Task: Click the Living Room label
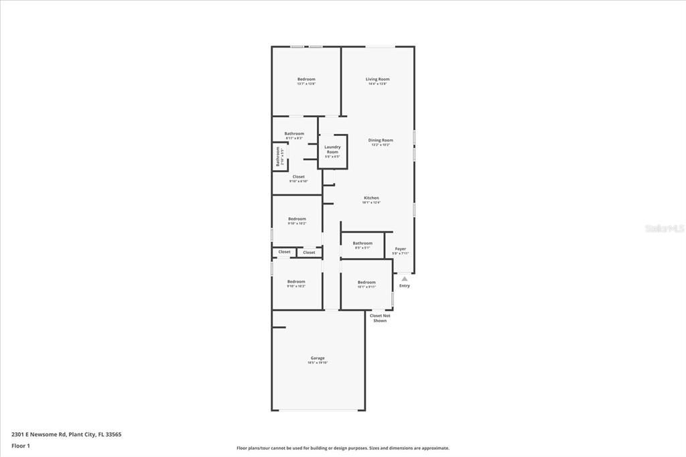point(377,79)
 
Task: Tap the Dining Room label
point(381,140)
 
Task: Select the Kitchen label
point(371,198)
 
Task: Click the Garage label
point(318,358)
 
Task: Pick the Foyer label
point(400,249)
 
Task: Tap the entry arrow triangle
point(404,279)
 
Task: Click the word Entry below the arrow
point(404,286)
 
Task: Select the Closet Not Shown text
point(379,318)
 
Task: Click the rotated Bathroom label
point(277,157)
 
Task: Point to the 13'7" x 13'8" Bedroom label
point(306,79)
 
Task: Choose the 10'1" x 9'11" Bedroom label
point(366,282)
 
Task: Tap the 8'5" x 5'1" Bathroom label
point(362,243)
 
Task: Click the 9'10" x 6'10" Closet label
point(298,177)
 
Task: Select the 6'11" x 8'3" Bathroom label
point(294,133)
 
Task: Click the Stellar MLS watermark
point(665,228)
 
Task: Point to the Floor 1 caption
point(21,446)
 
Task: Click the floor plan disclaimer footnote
point(342,448)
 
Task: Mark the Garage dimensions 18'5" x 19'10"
point(318,363)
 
